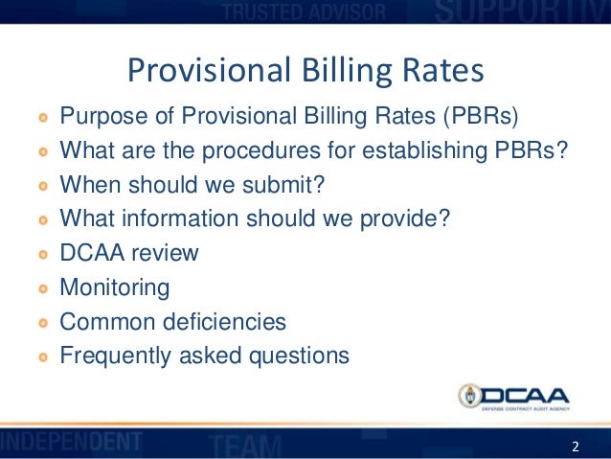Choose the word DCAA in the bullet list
91,254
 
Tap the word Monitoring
115,287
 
